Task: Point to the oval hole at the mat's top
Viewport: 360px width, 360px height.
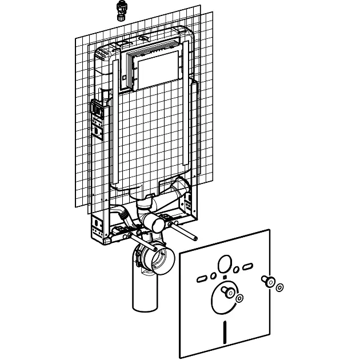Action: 225,264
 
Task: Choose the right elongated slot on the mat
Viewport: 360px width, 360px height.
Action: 247,266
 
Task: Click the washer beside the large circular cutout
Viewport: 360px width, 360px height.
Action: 239,298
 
